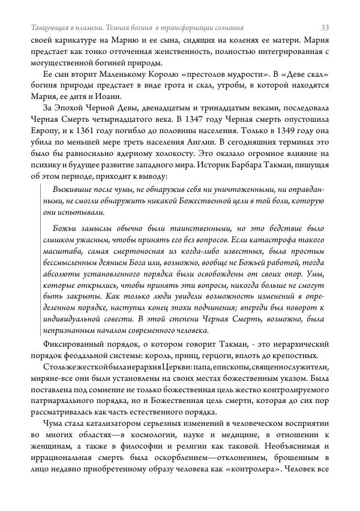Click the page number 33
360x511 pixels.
325,28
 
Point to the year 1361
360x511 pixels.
90,131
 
